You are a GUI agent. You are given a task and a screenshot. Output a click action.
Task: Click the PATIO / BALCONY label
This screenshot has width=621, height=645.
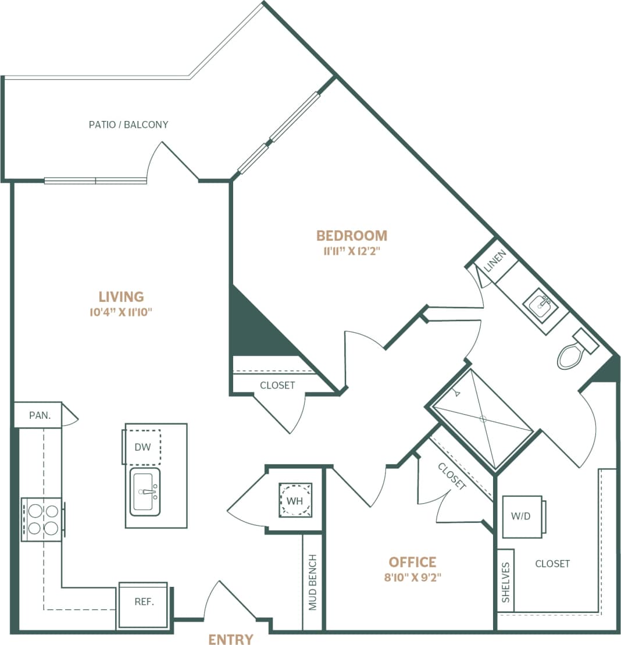[129, 124]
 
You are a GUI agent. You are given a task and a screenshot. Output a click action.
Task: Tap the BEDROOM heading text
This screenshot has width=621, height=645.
[351, 236]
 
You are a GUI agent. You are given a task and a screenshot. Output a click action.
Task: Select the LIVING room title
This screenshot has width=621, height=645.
[121, 297]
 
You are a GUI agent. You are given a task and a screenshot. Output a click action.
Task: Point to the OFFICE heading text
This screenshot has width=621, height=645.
[412, 562]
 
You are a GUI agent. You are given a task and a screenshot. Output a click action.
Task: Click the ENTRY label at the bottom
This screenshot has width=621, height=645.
[231, 639]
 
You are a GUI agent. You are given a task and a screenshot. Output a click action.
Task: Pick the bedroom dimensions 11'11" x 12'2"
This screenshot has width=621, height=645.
[351, 252]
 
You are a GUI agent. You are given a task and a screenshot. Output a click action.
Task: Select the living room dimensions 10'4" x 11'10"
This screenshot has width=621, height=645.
[121, 312]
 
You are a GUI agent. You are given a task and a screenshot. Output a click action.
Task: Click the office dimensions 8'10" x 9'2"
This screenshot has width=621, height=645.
[412, 578]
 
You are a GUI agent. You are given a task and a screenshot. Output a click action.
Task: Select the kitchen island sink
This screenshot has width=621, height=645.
[145, 491]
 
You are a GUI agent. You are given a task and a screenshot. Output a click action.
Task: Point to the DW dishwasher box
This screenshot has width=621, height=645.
[142, 447]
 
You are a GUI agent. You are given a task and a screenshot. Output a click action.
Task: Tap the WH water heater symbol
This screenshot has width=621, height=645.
[295, 500]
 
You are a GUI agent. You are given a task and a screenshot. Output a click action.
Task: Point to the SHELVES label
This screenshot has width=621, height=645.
[506, 582]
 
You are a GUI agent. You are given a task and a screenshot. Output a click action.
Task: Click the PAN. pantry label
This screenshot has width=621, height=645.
[40, 415]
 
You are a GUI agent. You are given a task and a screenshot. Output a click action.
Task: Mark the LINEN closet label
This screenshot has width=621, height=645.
[497, 261]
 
